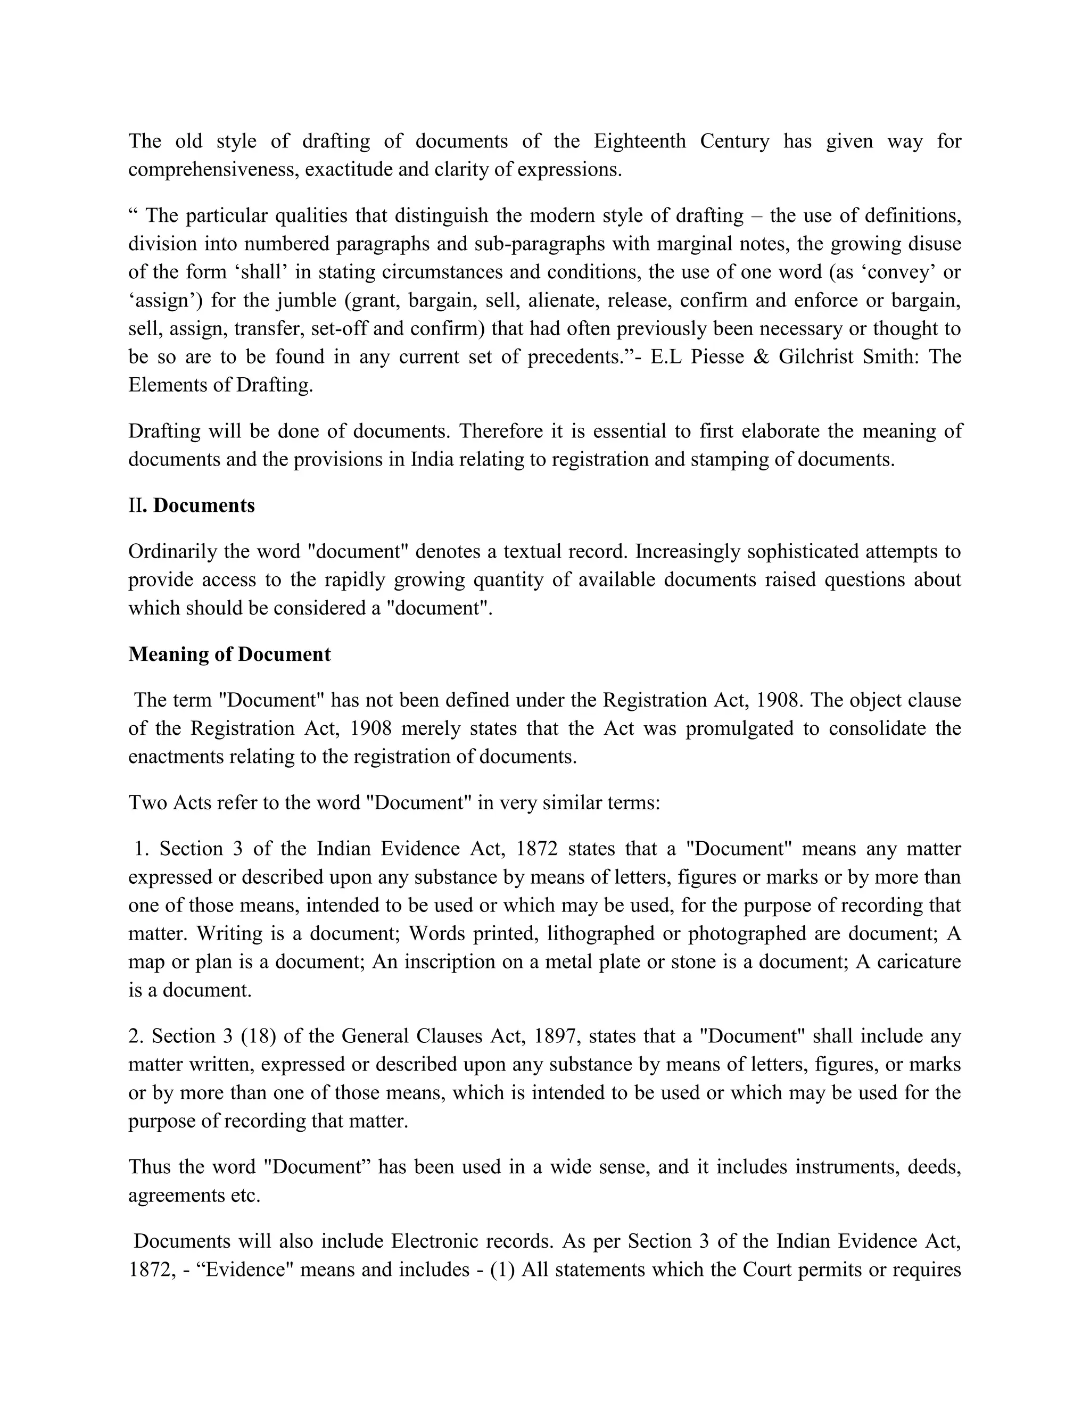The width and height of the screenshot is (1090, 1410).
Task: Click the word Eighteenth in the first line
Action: click(x=639, y=141)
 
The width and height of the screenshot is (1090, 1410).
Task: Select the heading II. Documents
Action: click(x=192, y=505)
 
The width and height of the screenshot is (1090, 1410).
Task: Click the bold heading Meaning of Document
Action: click(x=229, y=654)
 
